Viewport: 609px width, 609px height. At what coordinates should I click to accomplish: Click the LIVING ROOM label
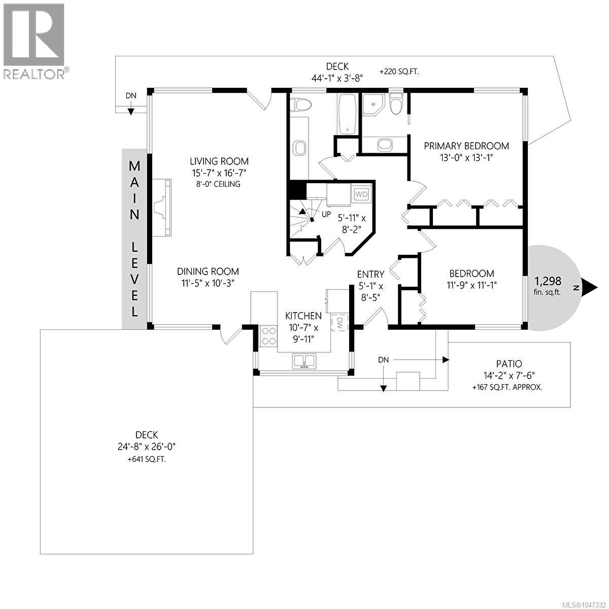(x=219, y=161)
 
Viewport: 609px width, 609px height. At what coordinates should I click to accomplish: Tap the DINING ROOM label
(x=208, y=272)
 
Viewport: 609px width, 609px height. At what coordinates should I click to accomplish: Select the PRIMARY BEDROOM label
(x=466, y=146)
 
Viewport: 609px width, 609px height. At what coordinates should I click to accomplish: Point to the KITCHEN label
(x=303, y=316)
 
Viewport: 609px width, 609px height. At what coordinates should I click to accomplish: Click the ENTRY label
(x=370, y=274)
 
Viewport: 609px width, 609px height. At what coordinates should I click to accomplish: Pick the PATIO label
(x=509, y=364)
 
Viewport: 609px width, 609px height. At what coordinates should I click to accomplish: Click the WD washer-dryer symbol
(x=361, y=194)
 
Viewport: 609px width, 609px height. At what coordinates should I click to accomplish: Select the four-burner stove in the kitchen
(x=268, y=336)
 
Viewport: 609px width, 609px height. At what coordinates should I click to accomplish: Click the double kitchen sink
(x=303, y=361)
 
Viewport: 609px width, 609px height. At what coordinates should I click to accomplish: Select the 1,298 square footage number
(x=548, y=281)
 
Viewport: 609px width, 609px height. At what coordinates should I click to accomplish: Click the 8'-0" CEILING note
(x=218, y=184)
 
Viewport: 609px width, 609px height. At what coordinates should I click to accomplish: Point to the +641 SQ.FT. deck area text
(x=147, y=459)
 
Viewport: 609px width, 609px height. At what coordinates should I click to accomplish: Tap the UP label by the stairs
(x=326, y=214)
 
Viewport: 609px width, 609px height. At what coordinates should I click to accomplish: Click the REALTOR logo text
(x=34, y=74)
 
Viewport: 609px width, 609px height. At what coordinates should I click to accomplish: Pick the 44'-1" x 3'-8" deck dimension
(x=337, y=78)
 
